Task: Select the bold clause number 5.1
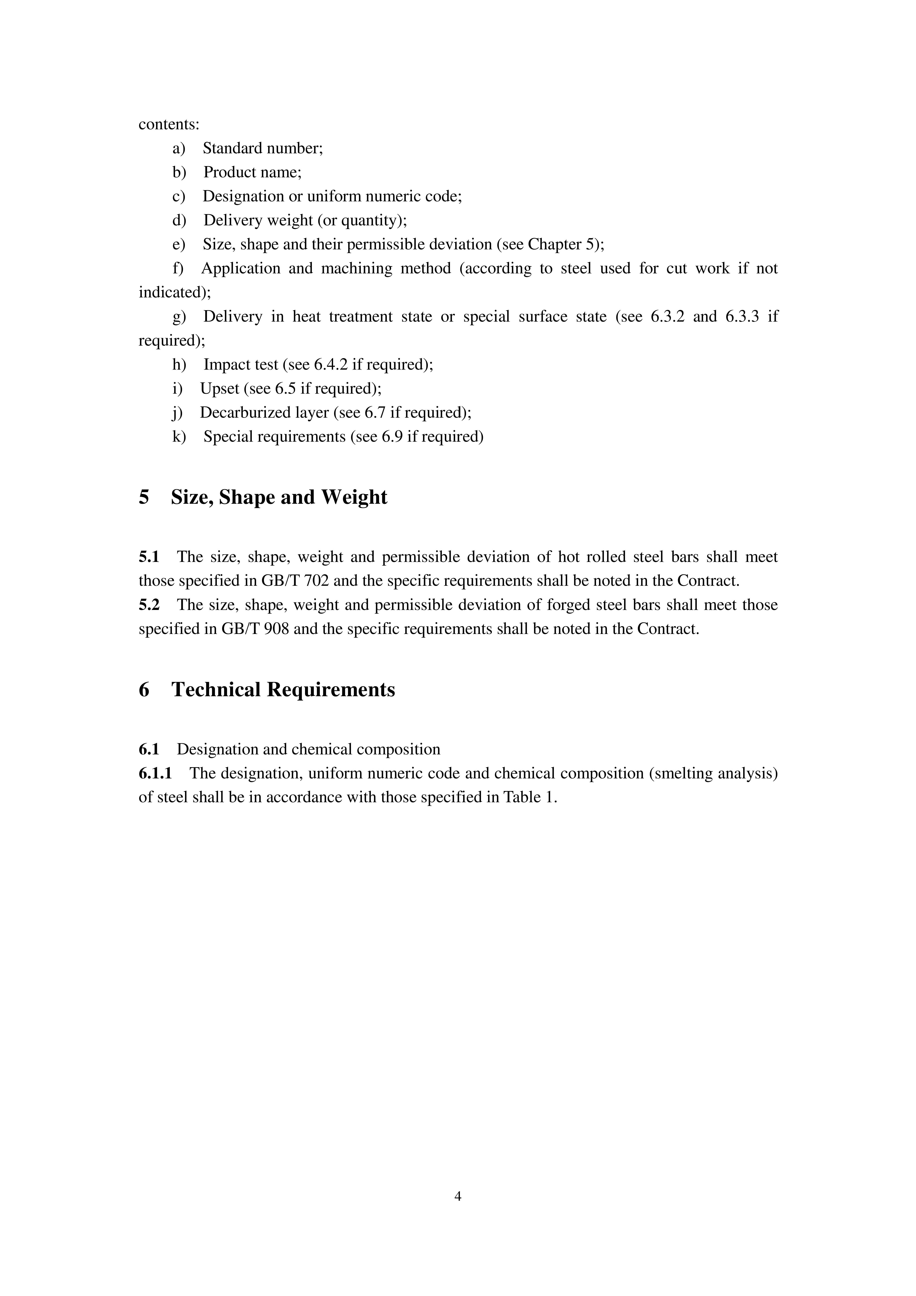pyautogui.click(x=149, y=557)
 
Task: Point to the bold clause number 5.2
pyautogui.click(x=149, y=605)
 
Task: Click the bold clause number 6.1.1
pyautogui.click(x=155, y=773)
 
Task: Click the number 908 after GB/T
pyautogui.click(x=277, y=629)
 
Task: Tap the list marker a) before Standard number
pyautogui.click(x=179, y=149)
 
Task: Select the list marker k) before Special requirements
pyautogui.click(x=179, y=437)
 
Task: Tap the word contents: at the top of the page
pyautogui.click(x=169, y=124)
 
